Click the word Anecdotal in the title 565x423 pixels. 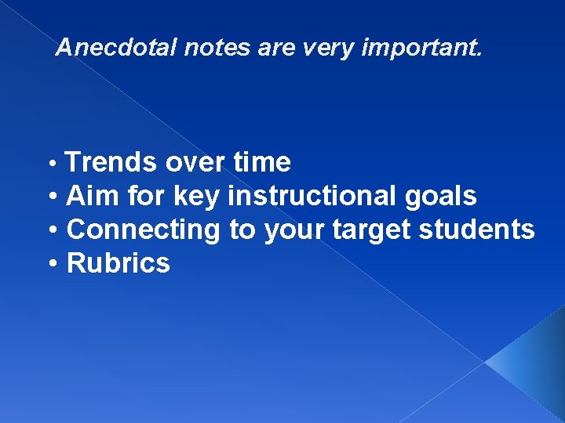117,49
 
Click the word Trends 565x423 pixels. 112,163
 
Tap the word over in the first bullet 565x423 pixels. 195,163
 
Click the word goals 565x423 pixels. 441,197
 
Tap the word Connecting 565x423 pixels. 144,230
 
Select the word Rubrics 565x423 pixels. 118,264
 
